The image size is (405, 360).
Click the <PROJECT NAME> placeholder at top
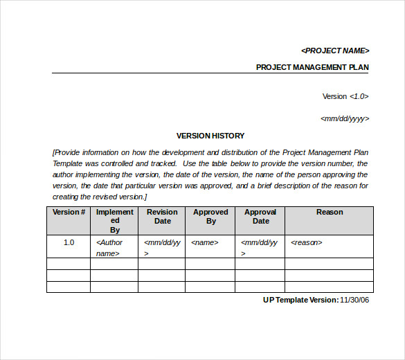[335, 51]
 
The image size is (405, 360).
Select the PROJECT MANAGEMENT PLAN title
[312, 67]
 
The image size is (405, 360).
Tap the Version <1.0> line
[345, 96]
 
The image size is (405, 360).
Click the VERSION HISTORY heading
[210, 136]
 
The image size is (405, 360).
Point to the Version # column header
[69, 213]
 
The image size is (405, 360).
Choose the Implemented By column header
[115, 221]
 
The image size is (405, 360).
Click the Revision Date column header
[162, 217]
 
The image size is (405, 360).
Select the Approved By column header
[210, 217]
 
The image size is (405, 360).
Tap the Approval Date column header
[260, 217]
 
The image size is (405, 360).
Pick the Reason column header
[330, 213]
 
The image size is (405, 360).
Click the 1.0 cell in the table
[69, 243]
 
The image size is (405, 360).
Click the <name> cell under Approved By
[205, 243]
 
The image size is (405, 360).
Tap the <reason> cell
[307, 243]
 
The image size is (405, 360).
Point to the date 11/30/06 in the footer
[354, 300]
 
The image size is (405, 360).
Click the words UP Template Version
[300, 300]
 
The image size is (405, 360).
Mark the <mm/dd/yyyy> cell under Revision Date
[161, 248]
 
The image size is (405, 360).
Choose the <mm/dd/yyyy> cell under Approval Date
[259, 248]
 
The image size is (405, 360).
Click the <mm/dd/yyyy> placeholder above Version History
[345, 118]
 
